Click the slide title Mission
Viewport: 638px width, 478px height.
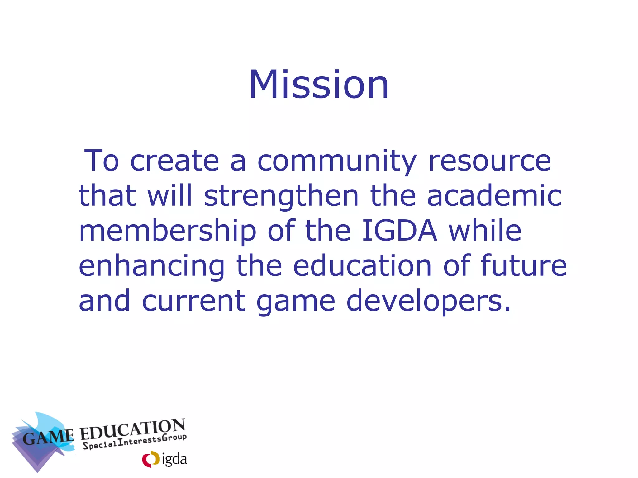coord(319,85)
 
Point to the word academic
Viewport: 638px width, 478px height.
coord(494,196)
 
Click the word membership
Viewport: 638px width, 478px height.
coord(168,232)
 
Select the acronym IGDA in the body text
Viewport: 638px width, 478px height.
coord(400,231)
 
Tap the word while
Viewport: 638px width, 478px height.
coord(485,231)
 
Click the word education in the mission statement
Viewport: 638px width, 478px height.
coord(362,266)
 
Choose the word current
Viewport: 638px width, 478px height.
coord(194,301)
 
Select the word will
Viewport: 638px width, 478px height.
coord(170,196)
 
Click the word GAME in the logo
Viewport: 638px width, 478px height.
coord(48,437)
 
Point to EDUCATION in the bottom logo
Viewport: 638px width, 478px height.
coord(133,430)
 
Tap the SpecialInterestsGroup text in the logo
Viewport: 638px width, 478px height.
coord(135,442)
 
